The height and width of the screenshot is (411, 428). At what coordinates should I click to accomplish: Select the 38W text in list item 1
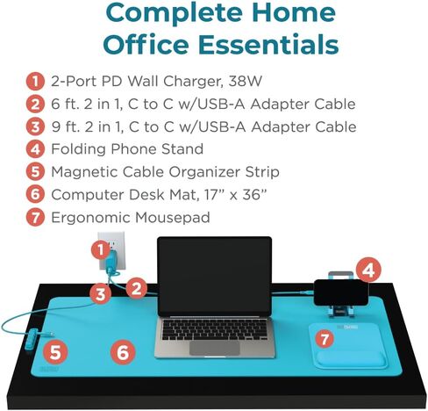pos(245,81)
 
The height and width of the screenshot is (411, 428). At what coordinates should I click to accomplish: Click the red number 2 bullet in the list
pos(35,105)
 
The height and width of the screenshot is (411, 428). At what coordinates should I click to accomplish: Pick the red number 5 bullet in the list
pos(35,172)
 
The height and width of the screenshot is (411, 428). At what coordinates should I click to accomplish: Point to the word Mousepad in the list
pos(173,218)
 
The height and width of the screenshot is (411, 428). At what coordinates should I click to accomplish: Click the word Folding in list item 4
pos(78,149)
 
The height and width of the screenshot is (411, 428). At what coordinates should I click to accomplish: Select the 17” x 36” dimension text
pos(236,195)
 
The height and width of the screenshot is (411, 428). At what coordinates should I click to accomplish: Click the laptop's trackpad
pos(215,348)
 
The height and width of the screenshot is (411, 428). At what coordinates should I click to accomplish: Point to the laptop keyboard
pos(215,329)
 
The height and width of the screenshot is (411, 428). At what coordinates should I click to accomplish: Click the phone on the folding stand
pos(341,292)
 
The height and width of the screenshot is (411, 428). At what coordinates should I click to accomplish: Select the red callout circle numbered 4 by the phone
pos(368,270)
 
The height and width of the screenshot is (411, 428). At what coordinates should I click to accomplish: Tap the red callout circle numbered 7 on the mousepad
pos(325,339)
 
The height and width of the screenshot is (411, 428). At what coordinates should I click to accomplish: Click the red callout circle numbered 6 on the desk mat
pos(123,352)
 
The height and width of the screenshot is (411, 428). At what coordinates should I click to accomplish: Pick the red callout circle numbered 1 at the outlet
pos(101,250)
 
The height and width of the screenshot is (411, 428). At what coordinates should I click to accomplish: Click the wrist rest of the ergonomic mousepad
pos(351,359)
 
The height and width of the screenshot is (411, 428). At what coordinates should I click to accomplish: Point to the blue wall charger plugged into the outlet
pos(112,262)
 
